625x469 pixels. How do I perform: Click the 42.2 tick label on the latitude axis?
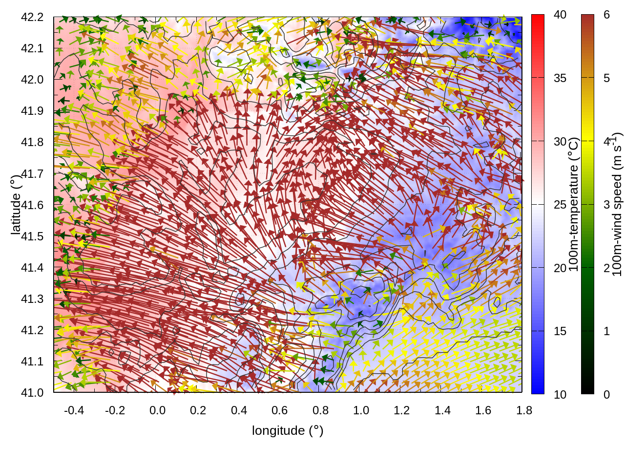(32, 17)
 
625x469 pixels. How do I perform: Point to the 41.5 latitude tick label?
(32, 236)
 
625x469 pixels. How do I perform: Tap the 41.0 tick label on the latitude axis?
(32, 393)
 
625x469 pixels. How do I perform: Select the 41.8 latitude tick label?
(32, 142)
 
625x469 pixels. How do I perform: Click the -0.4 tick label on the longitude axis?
(74, 410)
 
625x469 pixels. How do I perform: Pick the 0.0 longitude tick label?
(157, 410)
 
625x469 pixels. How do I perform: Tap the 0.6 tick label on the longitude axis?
(279, 410)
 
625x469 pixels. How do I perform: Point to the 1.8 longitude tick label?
(524, 410)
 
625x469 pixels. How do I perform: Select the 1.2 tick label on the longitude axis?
(402, 410)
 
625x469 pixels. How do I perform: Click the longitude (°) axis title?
(288, 430)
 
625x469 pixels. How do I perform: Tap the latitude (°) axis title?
(16, 205)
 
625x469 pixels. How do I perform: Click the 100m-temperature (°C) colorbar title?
(574, 205)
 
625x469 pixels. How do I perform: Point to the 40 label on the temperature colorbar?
(560, 15)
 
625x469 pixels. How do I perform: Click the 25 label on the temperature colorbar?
(560, 205)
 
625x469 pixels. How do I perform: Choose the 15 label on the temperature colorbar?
(560, 331)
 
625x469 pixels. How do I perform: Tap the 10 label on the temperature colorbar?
(560, 394)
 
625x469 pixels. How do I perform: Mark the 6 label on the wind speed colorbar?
(606, 15)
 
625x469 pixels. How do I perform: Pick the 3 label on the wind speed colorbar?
(606, 205)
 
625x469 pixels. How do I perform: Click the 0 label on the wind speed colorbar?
(606, 394)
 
